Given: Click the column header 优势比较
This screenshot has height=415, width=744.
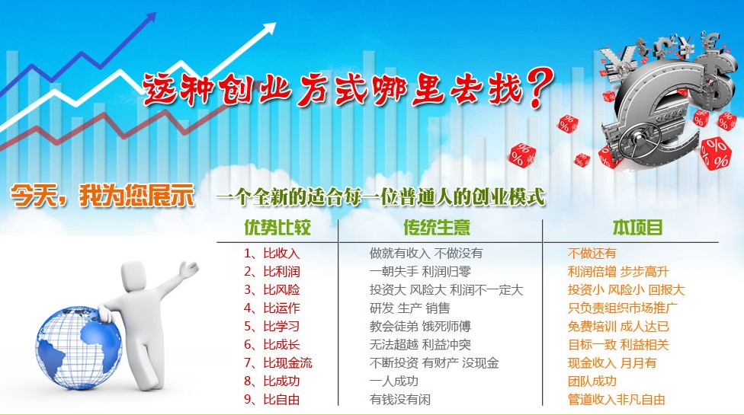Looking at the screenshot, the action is (x=277, y=228).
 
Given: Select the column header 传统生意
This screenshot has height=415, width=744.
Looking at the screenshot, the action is (x=437, y=228).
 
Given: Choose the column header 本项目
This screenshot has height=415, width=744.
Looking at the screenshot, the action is (x=637, y=228).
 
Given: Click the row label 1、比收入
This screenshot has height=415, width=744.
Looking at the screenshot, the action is (x=272, y=254).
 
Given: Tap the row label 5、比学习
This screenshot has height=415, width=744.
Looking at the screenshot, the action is (x=272, y=327).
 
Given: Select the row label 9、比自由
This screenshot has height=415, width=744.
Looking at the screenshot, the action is (x=272, y=399).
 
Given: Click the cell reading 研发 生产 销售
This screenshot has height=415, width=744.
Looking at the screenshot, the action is (x=409, y=308).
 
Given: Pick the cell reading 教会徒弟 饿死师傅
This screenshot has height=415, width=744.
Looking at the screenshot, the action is (x=420, y=327).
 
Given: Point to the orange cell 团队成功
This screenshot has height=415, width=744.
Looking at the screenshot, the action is (x=592, y=381).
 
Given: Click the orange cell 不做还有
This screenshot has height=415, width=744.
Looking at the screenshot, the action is (x=592, y=254).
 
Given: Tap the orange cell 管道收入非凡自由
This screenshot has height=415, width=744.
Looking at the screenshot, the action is (x=617, y=399).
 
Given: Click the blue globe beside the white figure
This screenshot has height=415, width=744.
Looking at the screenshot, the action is (x=79, y=347).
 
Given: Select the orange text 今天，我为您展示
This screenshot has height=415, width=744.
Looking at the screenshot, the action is (x=102, y=195).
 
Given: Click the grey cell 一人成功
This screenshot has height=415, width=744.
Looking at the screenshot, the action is (x=393, y=381).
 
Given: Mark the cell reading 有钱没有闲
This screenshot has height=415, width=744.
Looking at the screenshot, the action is (x=400, y=399).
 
